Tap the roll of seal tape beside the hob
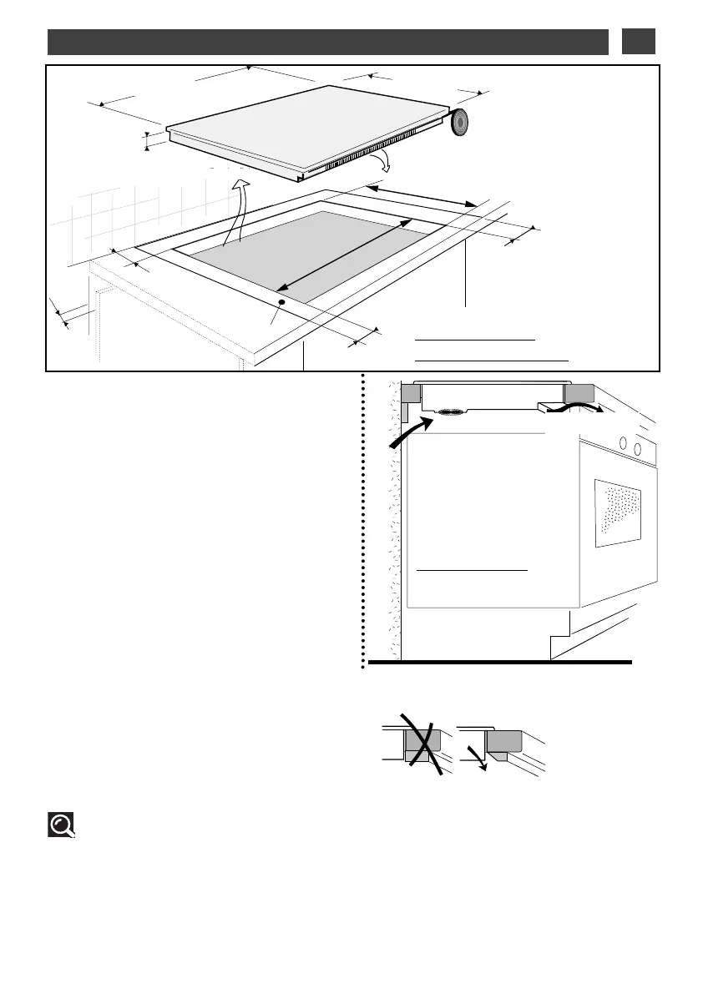tap(460, 122)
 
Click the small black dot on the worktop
tap(281, 302)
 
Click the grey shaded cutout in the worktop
tap(309, 255)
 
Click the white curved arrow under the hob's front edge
tap(383, 162)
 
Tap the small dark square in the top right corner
tap(639, 41)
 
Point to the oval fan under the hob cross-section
tap(452, 411)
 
